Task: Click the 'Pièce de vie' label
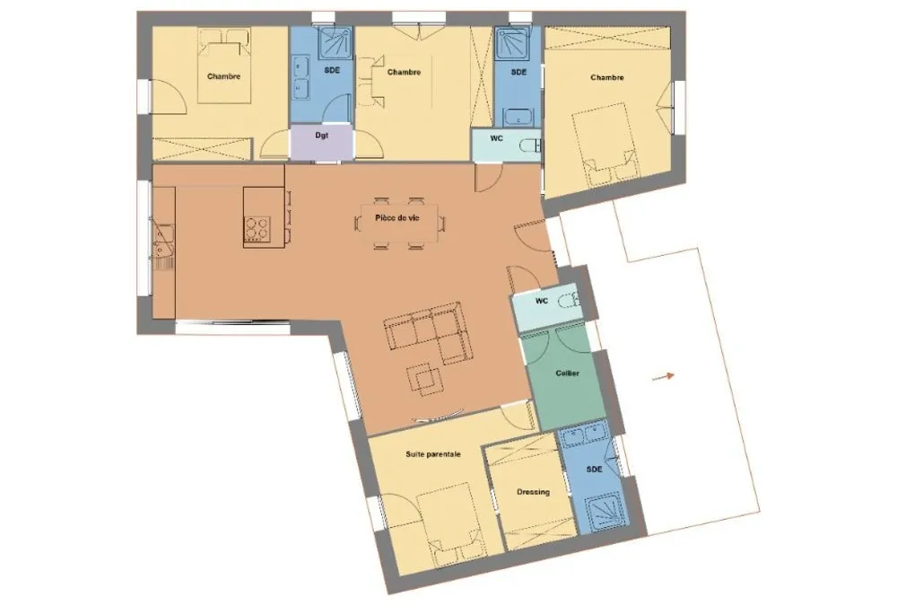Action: (x=397, y=218)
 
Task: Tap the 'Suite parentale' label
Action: (x=433, y=454)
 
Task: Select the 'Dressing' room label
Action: (x=533, y=492)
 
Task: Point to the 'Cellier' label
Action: (x=568, y=373)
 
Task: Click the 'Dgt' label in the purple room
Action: (x=321, y=136)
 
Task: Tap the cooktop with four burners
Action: (x=257, y=228)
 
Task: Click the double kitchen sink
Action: (x=163, y=242)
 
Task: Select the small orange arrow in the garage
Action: (x=664, y=376)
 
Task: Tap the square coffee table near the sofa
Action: (x=424, y=379)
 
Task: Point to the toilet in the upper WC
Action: (x=530, y=145)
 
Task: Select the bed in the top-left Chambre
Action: (x=224, y=66)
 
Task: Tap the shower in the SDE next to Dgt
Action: (x=335, y=42)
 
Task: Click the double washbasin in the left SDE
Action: (x=300, y=77)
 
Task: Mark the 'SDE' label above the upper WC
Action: (x=518, y=72)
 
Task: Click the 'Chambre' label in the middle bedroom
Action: (x=404, y=72)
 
